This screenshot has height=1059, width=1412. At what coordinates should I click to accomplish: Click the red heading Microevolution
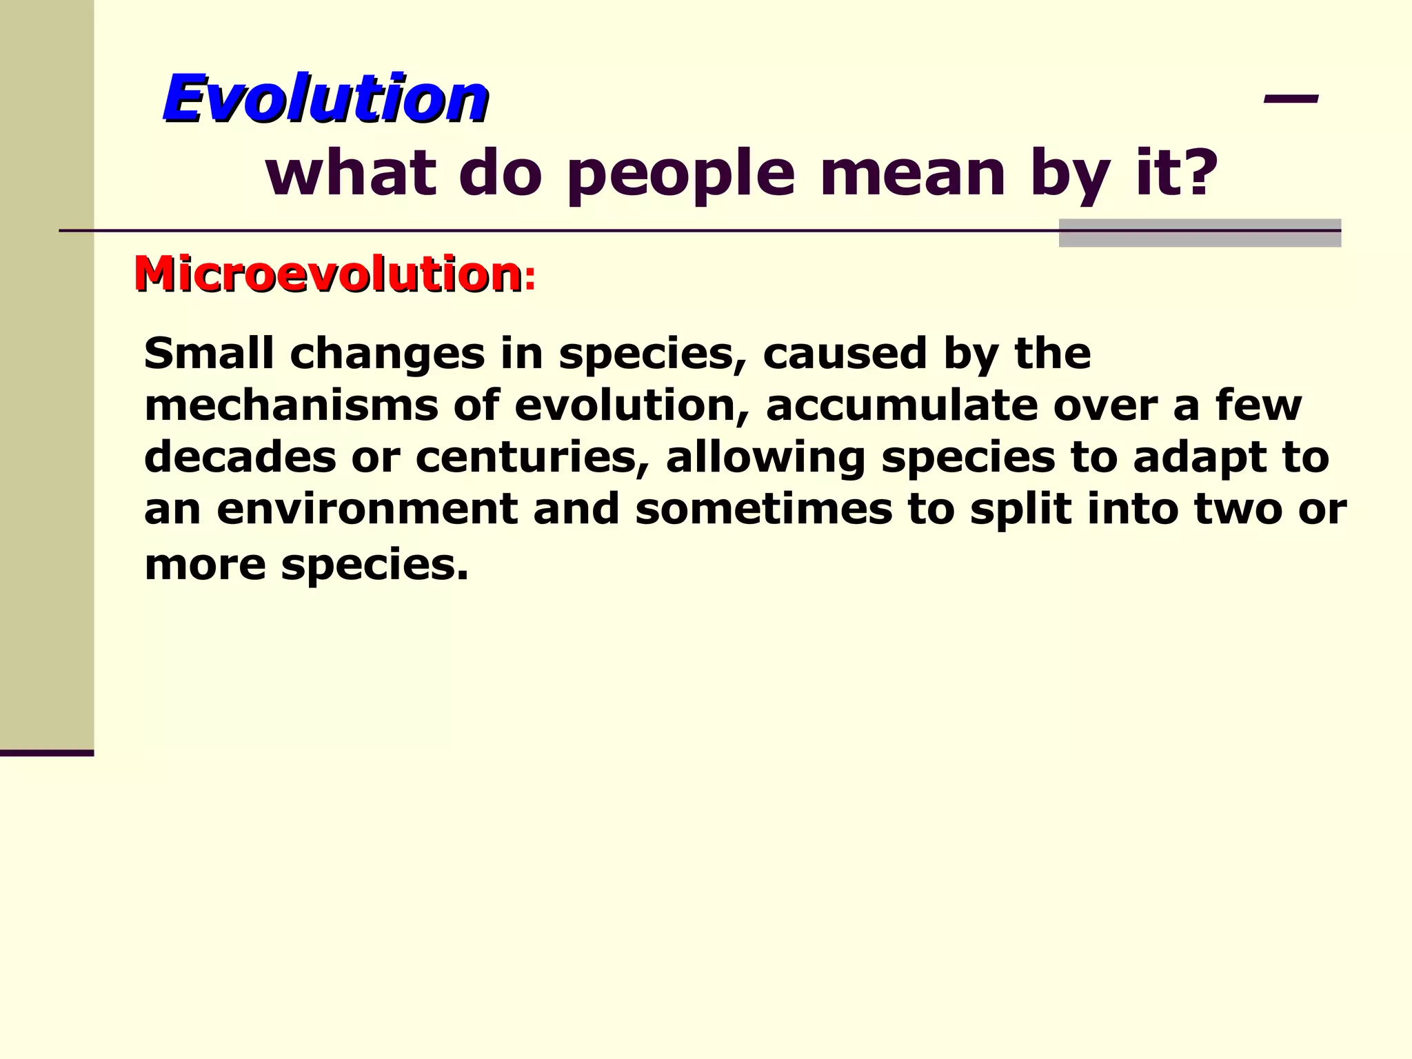[x=328, y=274]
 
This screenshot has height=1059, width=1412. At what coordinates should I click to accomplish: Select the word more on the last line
[x=205, y=565]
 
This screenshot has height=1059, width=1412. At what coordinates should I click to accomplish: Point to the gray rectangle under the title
[x=1200, y=232]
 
